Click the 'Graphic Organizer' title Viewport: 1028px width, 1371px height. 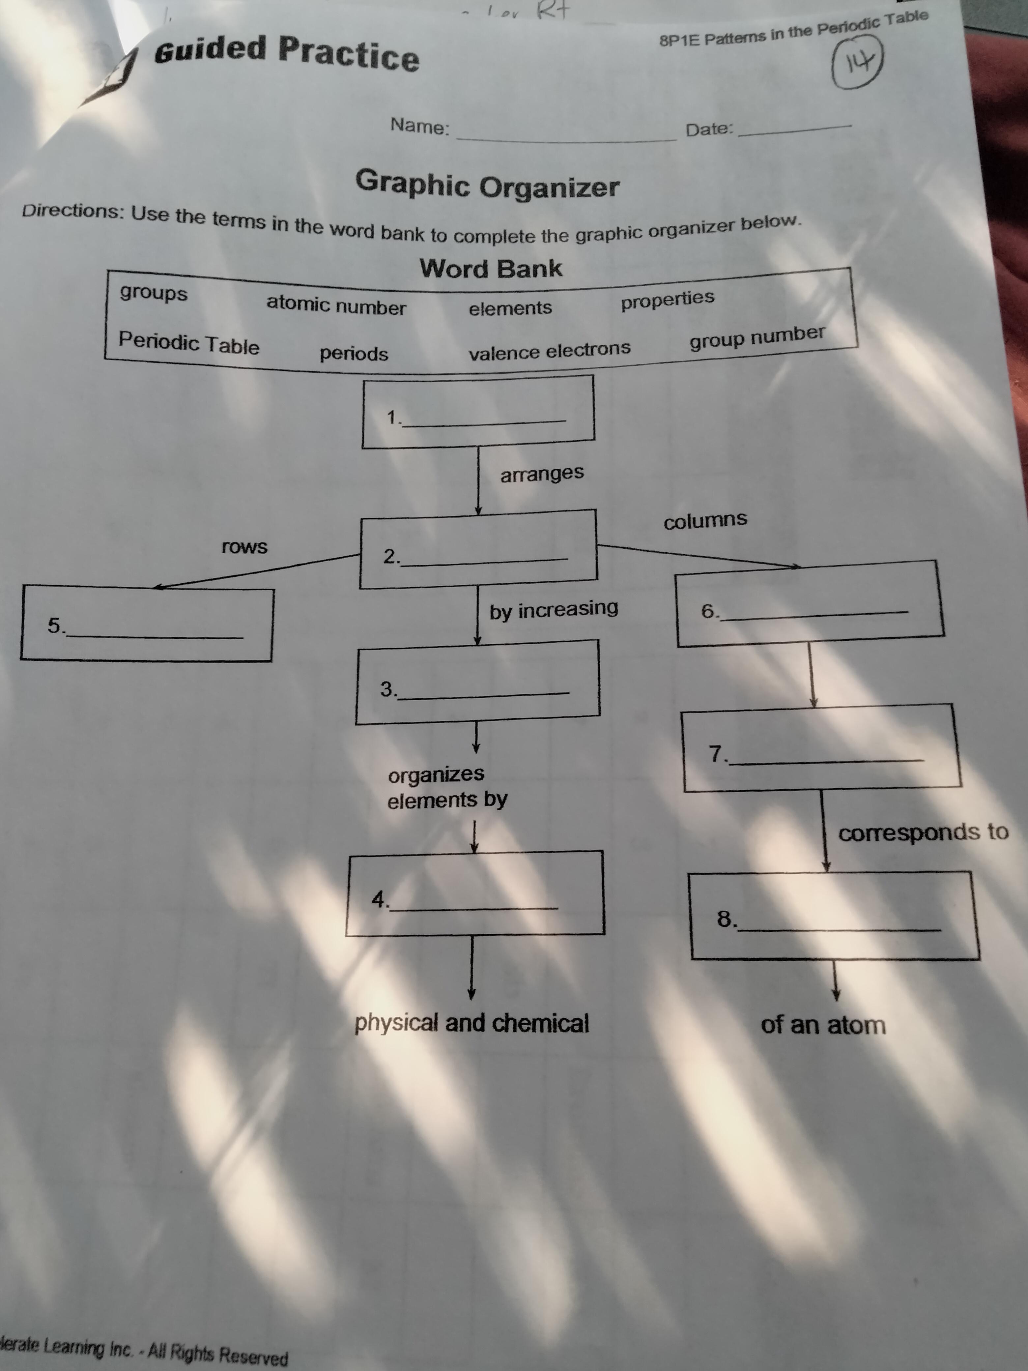pos(487,184)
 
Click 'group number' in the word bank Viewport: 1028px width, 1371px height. pos(757,336)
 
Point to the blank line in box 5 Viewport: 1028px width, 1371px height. pos(155,636)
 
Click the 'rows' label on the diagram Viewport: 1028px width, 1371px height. pos(245,547)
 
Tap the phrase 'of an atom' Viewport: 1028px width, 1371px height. pos(823,1025)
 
